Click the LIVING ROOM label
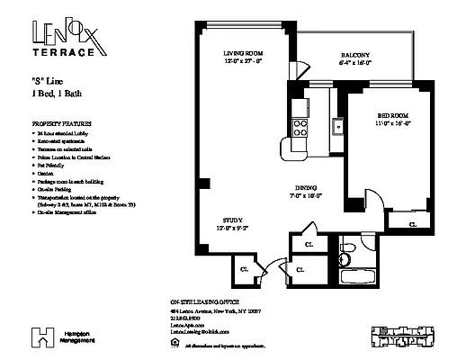pos(243,55)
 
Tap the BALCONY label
pos(354,55)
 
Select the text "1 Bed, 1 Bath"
pos(57,94)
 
